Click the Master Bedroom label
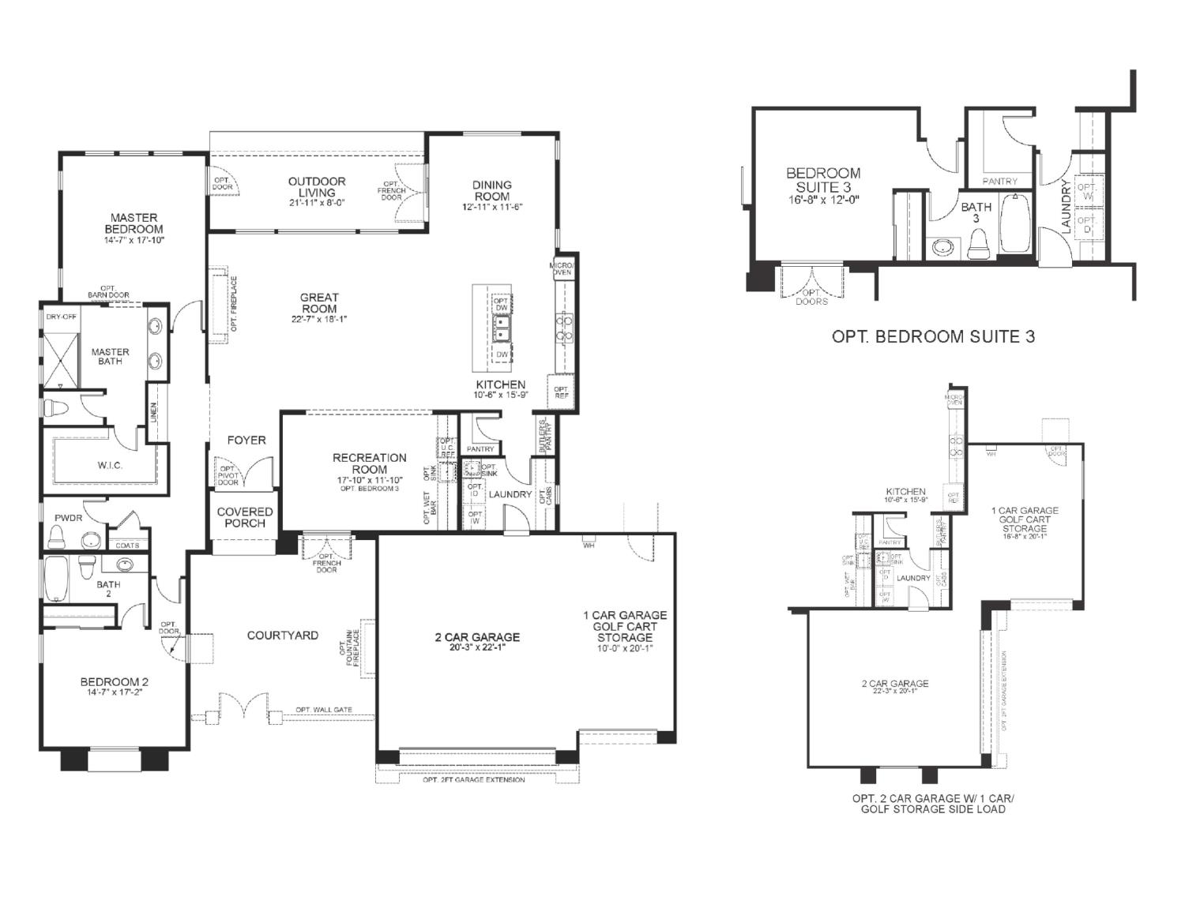[x=134, y=223]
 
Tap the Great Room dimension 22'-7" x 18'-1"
[x=319, y=319]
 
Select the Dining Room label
[x=492, y=190]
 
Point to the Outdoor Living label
[x=316, y=187]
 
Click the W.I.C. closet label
[x=110, y=465]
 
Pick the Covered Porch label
[x=245, y=517]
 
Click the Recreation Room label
[x=369, y=463]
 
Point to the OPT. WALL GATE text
[x=324, y=710]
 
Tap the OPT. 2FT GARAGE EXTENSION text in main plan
[x=473, y=779]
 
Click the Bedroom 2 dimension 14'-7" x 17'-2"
[x=115, y=692]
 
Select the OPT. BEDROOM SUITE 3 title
[x=933, y=336]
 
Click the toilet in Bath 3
[x=978, y=244]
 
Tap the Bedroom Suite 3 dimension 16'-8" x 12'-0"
[x=823, y=200]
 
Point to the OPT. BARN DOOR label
[x=108, y=292]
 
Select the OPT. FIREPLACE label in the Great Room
[x=234, y=304]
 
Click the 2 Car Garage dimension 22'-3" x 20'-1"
[x=894, y=692]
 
